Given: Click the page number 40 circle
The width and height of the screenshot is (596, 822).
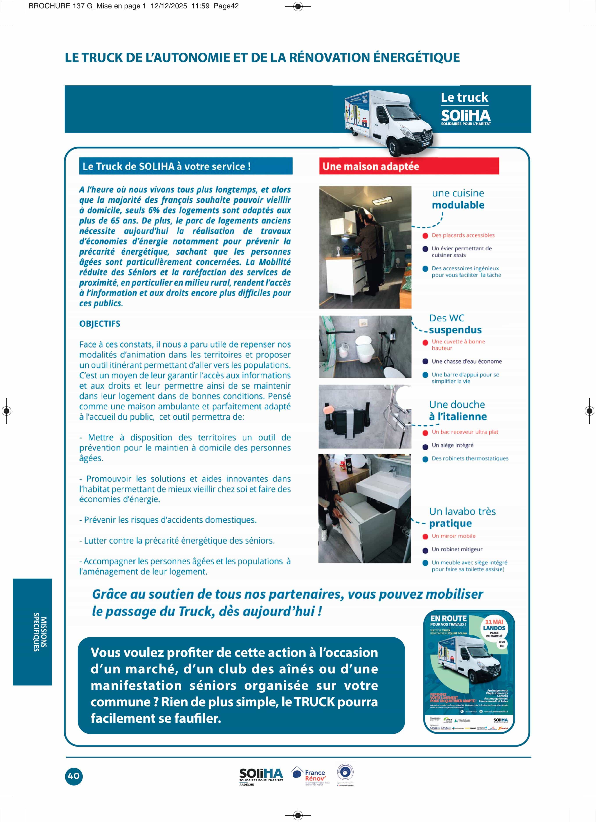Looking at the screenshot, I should coord(74,776).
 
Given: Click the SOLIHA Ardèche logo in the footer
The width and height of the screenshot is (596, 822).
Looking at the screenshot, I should coord(261,776).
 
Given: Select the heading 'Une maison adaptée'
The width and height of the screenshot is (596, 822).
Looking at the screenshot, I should coord(371,166).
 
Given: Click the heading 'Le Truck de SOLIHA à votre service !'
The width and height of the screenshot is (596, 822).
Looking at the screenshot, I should coord(167,166).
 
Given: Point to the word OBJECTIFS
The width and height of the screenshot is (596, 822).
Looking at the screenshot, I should coord(100,324).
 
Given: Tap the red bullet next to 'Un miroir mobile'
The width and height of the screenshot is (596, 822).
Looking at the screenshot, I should coord(425,536).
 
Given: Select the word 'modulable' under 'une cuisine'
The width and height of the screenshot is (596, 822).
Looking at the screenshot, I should coord(458,205).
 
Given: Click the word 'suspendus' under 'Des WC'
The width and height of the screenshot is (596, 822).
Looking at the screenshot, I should coord(455,330).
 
